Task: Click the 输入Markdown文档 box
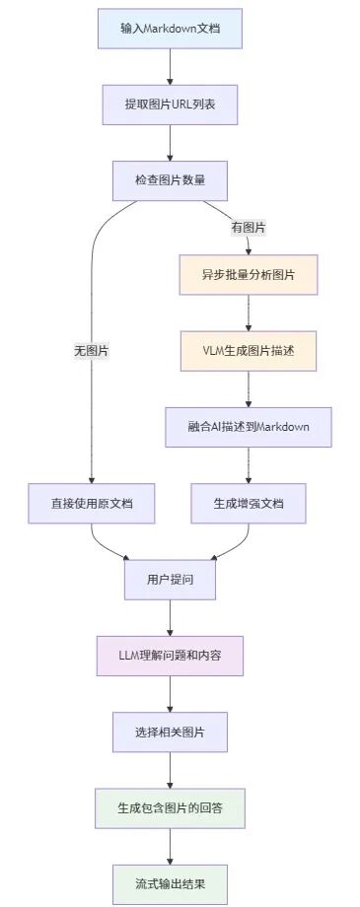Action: (x=170, y=28)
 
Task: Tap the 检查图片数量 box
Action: (x=170, y=179)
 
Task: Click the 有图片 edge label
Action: (x=248, y=227)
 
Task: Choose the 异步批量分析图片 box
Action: (x=248, y=275)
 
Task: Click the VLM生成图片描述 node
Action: (x=248, y=351)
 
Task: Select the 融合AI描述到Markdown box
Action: (x=248, y=427)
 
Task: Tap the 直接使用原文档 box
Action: (x=91, y=503)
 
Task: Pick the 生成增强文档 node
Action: (x=248, y=503)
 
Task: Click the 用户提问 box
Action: (x=170, y=579)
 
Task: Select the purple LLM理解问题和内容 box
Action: (x=170, y=656)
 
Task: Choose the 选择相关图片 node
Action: (x=170, y=732)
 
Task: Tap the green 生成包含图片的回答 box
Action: (x=170, y=807)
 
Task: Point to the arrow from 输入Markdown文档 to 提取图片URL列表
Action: (x=170, y=66)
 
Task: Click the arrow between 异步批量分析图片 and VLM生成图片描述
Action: (x=248, y=314)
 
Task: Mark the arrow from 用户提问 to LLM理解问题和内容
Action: (x=170, y=617)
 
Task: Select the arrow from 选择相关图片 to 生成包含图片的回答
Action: (x=170, y=770)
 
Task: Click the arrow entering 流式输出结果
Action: (x=170, y=845)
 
